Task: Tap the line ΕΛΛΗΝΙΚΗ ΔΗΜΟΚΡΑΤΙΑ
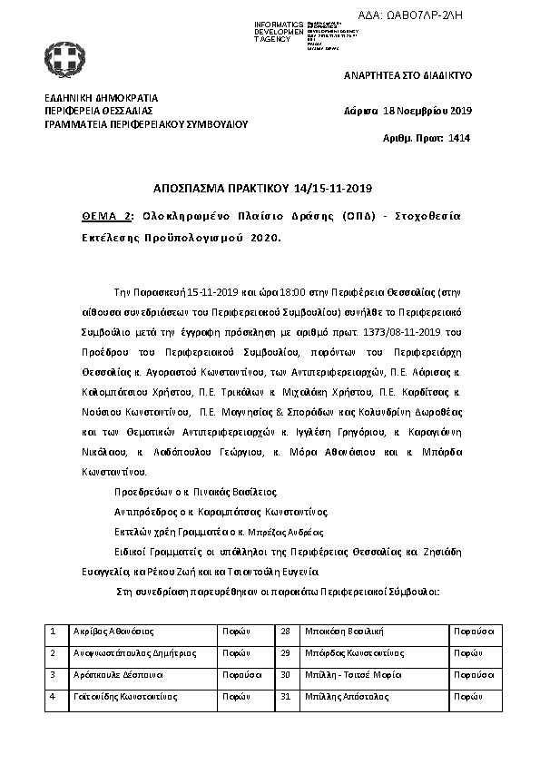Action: pos(101,98)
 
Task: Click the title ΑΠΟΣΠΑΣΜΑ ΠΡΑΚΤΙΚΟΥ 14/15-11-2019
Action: pos(270,188)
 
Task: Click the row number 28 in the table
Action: pos(284,630)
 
